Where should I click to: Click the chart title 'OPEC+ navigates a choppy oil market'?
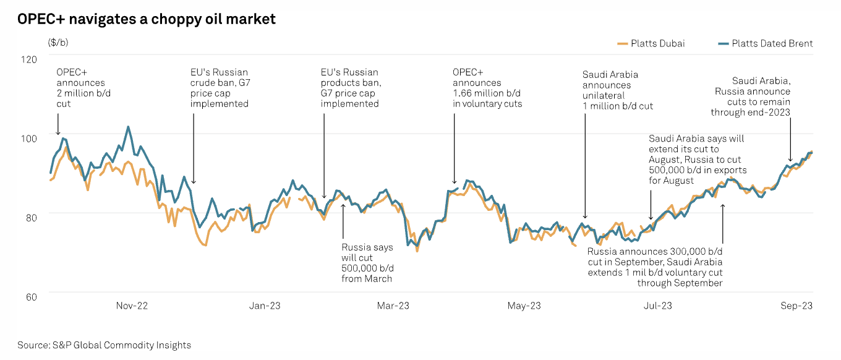[147, 19]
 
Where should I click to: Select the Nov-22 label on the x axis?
[132, 306]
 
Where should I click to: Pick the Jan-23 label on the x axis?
[264, 306]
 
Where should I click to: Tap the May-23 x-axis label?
[524, 306]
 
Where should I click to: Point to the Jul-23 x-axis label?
[658, 306]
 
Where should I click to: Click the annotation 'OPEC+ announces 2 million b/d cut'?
[80, 88]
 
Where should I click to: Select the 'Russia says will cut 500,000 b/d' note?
[367, 263]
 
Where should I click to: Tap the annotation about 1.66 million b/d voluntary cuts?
[487, 88]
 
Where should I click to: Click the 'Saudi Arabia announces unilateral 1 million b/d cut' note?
[617, 90]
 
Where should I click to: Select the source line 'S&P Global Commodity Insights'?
[105, 345]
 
